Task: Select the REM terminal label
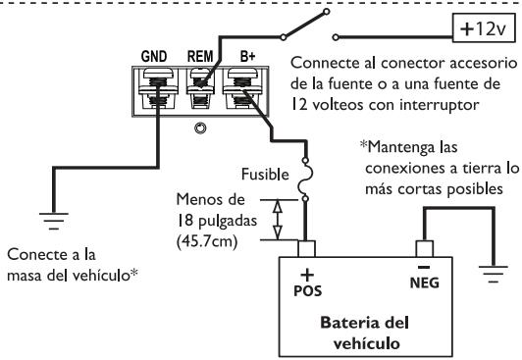click(x=201, y=56)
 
